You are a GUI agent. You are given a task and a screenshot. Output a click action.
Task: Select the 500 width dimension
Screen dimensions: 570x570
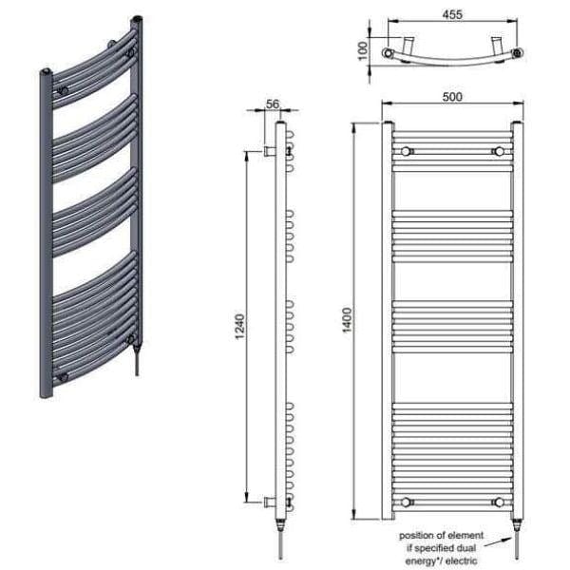point(451,97)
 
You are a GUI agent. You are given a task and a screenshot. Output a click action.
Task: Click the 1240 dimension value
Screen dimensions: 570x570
point(240,326)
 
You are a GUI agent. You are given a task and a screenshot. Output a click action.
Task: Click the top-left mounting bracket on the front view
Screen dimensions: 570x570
point(407,151)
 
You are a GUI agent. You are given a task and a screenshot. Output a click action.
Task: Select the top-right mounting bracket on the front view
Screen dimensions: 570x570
point(497,151)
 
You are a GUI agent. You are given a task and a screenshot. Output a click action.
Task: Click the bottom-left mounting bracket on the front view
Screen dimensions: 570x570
point(407,501)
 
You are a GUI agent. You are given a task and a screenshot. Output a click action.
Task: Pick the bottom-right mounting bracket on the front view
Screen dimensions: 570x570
point(497,501)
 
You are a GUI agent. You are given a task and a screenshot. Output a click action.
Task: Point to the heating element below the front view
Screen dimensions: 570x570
point(517,537)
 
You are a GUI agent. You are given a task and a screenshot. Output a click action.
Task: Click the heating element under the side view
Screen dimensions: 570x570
point(281,537)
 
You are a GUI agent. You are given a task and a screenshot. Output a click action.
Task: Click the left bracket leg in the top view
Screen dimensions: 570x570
point(407,45)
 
